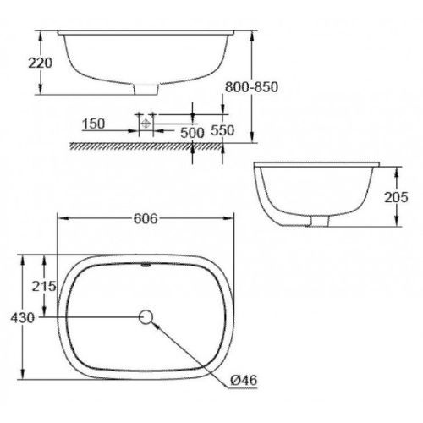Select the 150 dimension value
click(94, 124)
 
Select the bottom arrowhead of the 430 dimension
click(24, 378)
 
